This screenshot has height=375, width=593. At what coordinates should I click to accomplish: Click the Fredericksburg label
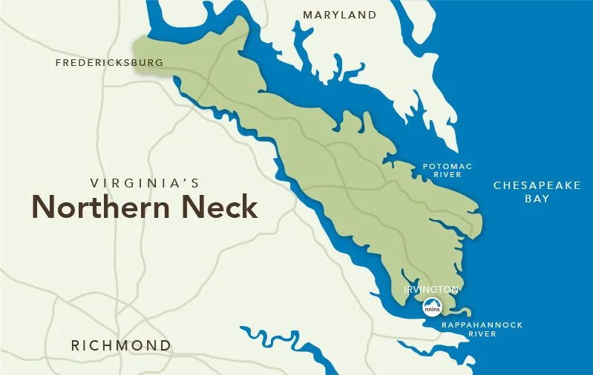click(109, 63)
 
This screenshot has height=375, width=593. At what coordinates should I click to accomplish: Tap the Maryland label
click(339, 15)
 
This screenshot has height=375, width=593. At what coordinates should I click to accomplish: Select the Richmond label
click(120, 345)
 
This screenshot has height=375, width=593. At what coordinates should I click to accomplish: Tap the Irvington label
click(430, 288)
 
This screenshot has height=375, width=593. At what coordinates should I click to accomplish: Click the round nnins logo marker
click(431, 306)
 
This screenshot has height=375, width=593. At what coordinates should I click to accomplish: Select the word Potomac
click(447, 166)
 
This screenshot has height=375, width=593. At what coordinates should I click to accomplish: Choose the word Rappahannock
click(482, 325)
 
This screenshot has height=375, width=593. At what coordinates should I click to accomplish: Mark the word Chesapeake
click(537, 185)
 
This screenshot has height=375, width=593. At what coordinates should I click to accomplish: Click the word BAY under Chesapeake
click(537, 199)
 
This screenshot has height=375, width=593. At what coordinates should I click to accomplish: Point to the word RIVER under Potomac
click(447, 175)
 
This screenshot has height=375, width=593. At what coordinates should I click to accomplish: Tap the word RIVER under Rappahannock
click(482, 334)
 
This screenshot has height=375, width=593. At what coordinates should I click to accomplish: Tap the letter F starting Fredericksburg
click(59, 63)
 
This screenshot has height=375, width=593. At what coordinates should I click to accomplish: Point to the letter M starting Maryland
click(308, 15)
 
